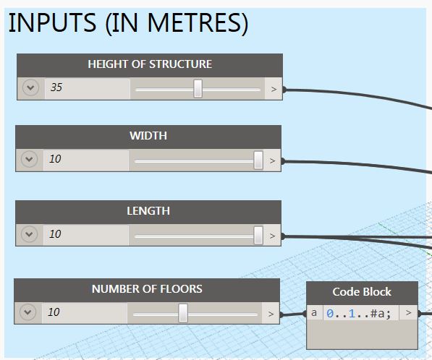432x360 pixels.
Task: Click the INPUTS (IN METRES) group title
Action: pyautogui.click(x=128, y=23)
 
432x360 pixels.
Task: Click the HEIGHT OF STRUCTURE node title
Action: pyautogui.click(x=150, y=64)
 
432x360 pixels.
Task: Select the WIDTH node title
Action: pyautogui.click(x=148, y=136)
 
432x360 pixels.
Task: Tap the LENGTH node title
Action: pyautogui.click(x=148, y=211)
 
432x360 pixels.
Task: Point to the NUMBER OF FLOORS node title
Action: pyautogui.click(x=147, y=289)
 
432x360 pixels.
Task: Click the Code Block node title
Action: pyautogui.click(x=362, y=292)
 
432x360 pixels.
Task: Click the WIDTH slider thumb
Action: pyautogui.click(x=258, y=160)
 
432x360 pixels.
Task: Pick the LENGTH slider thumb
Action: pyautogui.click(x=258, y=235)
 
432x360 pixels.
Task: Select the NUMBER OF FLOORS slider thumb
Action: pyautogui.click(x=183, y=313)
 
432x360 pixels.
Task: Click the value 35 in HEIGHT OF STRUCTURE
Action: pyautogui.click(x=56, y=87)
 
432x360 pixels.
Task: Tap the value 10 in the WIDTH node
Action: pyautogui.click(x=55, y=159)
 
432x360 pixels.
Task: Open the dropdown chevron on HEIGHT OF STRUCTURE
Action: pyautogui.click(x=30, y=87)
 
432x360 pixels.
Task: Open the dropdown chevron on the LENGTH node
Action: pyautogui.click(x=29, y=234)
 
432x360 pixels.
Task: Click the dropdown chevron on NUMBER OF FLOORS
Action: pyautogui.click(x=27, y=312)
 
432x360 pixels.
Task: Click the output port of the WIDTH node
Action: pyautogui.click(x=272, y=160)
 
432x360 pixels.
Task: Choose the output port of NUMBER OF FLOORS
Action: pyautogui.click(x=271, y=314)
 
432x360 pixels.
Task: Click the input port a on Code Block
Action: pyautogui.click(x=314, y=313)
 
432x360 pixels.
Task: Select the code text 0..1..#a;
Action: pyautogui.click(x=359, y=314)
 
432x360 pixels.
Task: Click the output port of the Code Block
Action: pyautogui.click(x=409, y=313)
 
